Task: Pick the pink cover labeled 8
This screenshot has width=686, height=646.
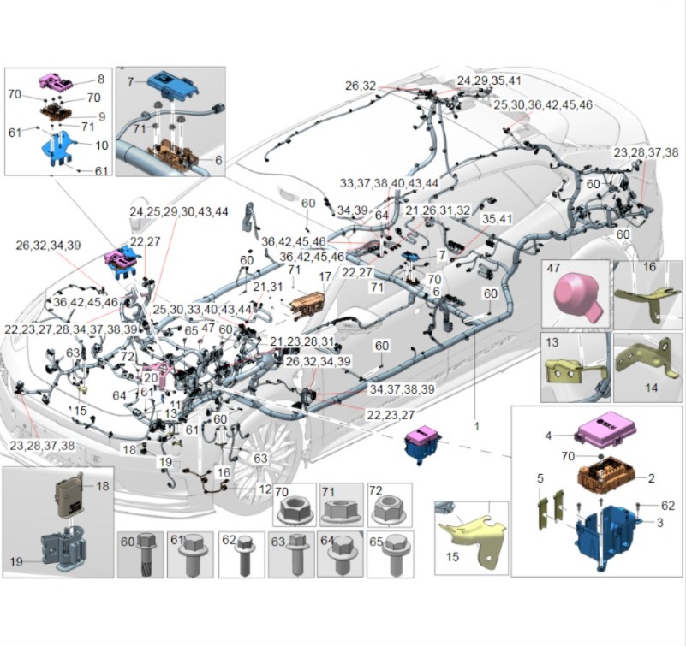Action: pyautogui.click(x=59, y=82)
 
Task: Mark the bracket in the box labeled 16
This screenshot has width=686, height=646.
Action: pyautogui.click(x=647, y=296)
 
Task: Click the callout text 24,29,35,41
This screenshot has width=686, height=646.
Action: pyautogui.click(x=489, y=80)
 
